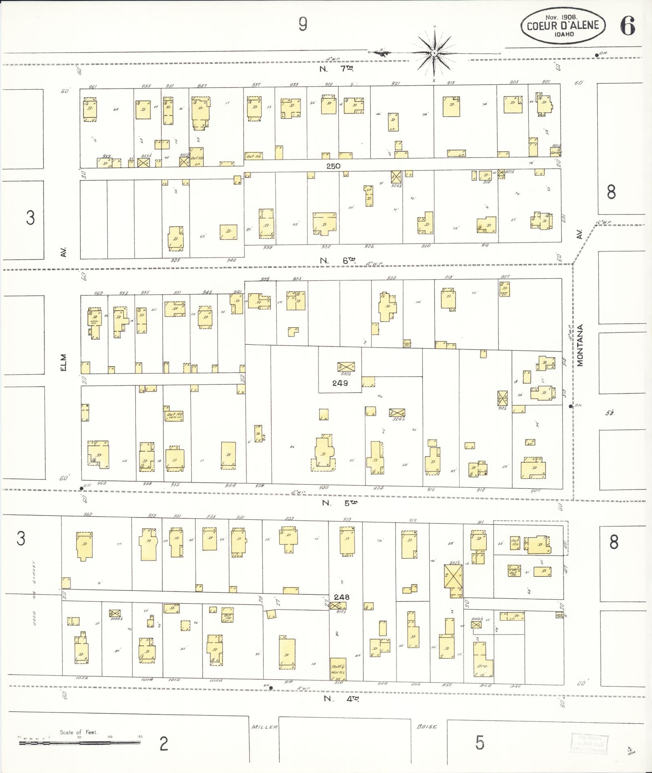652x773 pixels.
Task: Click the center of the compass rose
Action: point(434,53)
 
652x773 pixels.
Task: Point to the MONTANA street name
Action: point(580,345)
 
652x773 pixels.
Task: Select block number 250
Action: point(333,166)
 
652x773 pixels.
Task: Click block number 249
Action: point(340,383)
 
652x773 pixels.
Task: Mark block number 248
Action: point(342,597)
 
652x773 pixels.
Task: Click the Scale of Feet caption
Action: point(78,732)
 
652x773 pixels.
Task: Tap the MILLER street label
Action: point(264,727)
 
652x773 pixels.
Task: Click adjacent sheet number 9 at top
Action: point(303,25)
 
